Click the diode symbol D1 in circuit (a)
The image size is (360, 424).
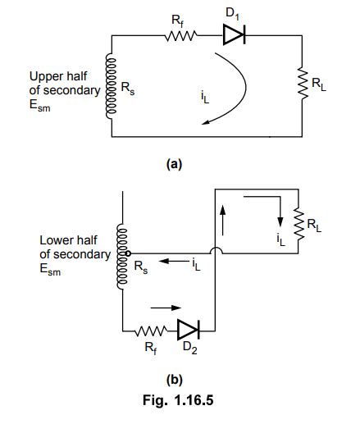click(232, 36)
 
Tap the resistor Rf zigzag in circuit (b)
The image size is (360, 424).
click(153, 331)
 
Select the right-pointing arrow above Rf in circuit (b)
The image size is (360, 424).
click(162, 309)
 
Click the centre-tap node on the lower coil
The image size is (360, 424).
click(127, 253)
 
